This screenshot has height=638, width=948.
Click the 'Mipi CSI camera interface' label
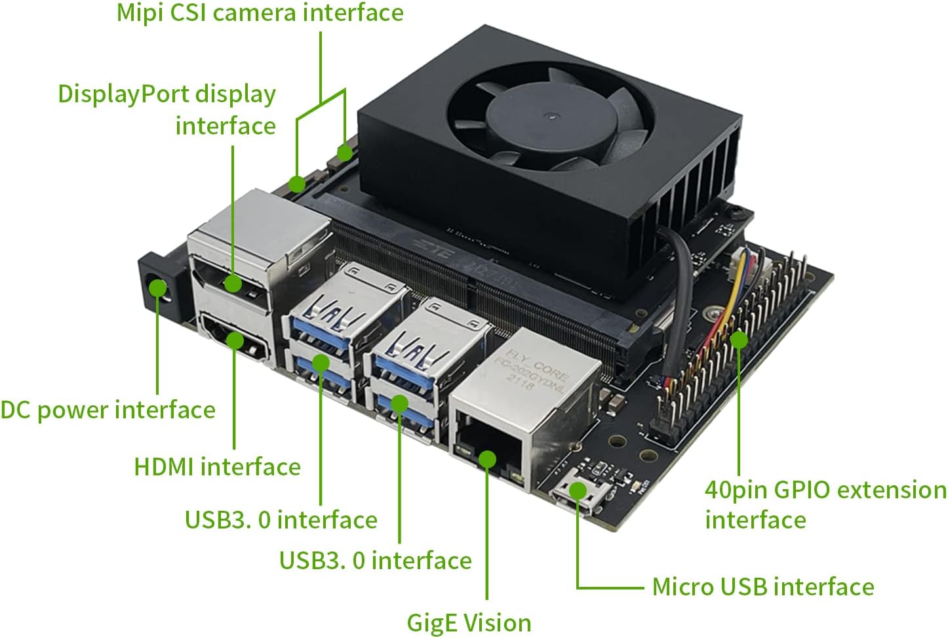tap(260, 13)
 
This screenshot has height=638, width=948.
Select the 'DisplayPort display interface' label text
tap(167, 109)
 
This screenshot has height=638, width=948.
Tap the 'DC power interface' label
tap(108, 410)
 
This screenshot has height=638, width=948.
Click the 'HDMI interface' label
tap(217, 467)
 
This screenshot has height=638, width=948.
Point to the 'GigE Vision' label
tap(469, 622)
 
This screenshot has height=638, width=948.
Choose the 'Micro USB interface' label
tap(762, 586)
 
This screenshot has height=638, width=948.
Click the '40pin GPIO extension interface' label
tap(825, 504)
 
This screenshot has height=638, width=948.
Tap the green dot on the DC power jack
tap(157, 288)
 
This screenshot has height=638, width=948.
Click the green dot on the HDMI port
tap(234, 340)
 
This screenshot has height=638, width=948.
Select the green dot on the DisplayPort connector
tap(233, 283)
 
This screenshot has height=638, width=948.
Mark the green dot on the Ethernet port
tap(487, 458)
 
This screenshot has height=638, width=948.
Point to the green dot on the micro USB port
tap(578, 490)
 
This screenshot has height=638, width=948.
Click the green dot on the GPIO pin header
tap(739, 340)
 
